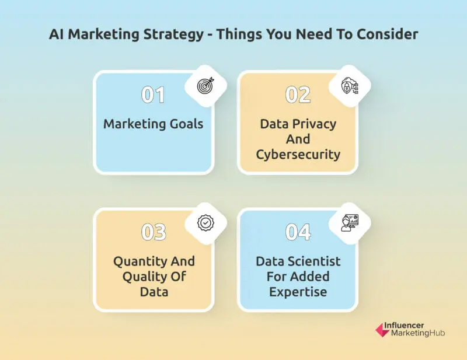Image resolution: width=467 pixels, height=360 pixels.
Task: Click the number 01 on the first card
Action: [153, 95]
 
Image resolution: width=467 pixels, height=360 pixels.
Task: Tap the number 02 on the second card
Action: [298, 95]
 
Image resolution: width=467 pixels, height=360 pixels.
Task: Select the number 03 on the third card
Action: [154, 232]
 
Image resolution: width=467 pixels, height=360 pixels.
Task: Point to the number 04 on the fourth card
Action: [298, 232]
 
